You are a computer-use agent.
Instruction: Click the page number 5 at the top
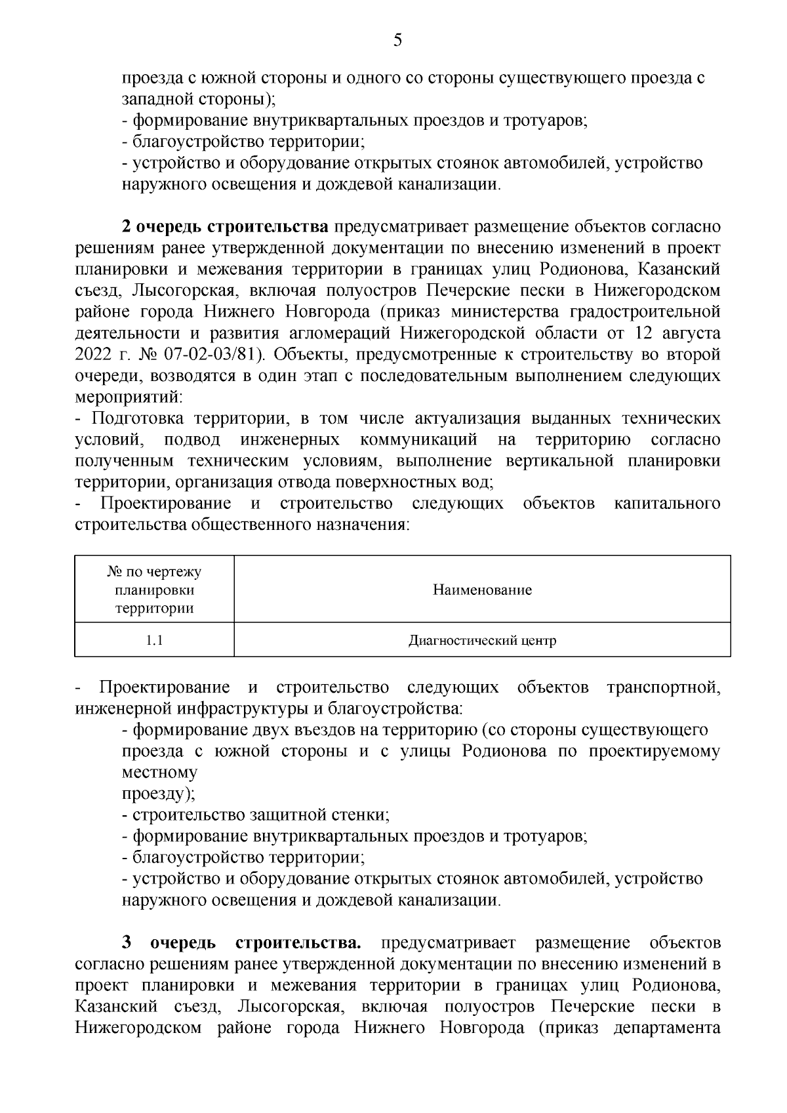pos(397,41)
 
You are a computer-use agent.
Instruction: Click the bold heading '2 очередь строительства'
pos(225,227)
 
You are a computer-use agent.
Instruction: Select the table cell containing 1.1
pos(155,640)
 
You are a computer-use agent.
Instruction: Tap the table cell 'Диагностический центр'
pos(482,640)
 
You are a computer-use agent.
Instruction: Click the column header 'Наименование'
pos(482,590)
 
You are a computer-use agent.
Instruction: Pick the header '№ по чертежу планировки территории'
pos(155,590)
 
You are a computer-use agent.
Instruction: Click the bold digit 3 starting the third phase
pos(127,943)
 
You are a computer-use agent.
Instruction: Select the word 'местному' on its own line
pos(159,773)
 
